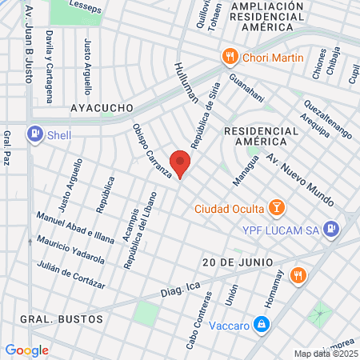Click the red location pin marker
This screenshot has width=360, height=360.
click(x=181, y=162)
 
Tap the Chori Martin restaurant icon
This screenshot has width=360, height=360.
click(x=230, y=57)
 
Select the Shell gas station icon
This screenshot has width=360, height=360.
click(x=34, y=134)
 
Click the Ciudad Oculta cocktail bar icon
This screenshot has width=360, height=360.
click(x=276, y=209)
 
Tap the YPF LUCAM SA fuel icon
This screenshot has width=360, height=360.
click(x=333, y=230)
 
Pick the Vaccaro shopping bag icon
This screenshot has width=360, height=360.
click(x=261, y=324)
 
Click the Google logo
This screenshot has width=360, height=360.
click(x=26, y=350)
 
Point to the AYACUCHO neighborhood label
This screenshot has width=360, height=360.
click(x=100, y=106)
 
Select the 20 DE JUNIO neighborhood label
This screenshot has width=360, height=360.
click(x=238, y=262)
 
